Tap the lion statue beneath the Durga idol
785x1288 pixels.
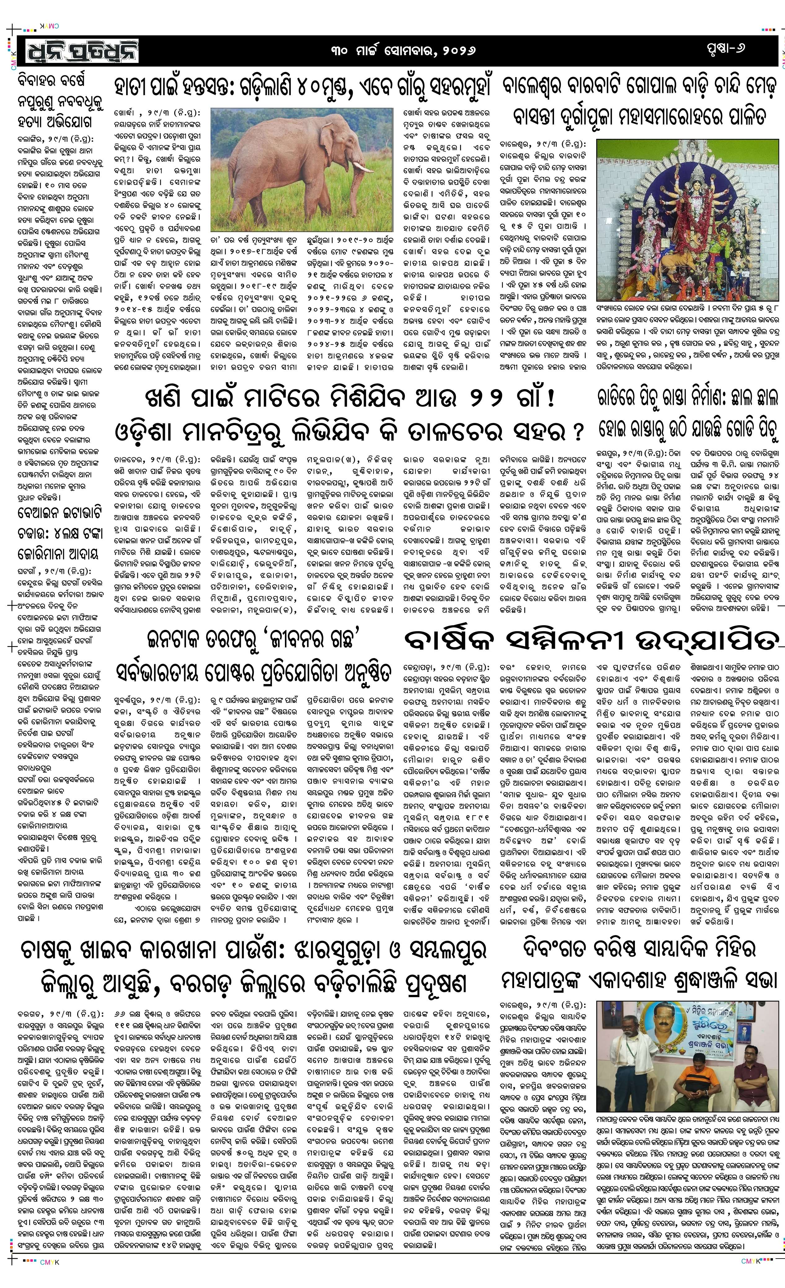(x=675, y=246)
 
